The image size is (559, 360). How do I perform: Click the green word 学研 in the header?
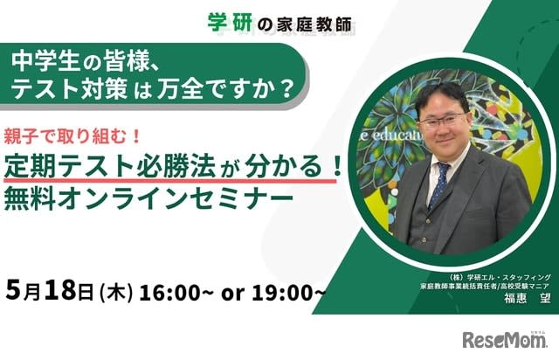pyautogui.click(x=230, y=24)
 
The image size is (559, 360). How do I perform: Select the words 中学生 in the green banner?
pyautogui.click(x=45, y=62)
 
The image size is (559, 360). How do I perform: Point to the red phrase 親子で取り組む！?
pyautogui.click(x=72, y=137)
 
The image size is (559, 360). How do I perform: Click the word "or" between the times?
pyautogui.click(x=232, y=294)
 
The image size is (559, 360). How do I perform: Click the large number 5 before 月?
pyautogui.click(x=14, y=290)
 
